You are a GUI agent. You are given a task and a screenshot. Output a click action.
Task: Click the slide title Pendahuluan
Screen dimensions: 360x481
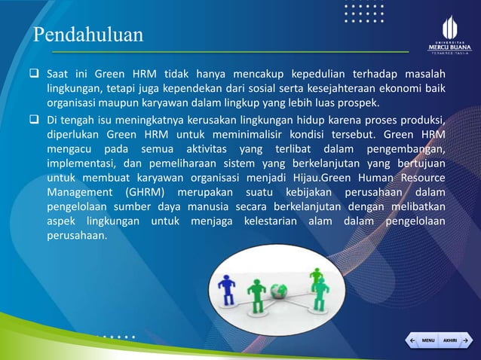click(87, 35)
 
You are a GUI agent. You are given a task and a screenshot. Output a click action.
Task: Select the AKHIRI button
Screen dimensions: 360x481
click(450, 341)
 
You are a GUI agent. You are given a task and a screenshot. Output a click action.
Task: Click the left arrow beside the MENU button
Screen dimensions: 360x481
click(412, 341)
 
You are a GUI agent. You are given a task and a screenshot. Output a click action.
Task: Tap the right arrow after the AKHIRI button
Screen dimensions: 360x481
click(466, 341)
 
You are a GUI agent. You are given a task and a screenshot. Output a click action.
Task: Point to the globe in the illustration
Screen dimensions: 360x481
click(280, 289)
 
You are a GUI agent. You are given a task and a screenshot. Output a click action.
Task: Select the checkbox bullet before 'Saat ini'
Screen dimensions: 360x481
click(35, 75)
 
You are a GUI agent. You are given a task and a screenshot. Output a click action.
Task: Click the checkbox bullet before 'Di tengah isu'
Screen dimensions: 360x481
click(35, 120)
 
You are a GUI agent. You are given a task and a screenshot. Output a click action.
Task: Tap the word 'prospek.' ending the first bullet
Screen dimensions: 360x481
click(357, 103)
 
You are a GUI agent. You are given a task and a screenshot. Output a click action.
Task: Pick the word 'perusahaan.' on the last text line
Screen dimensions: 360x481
click(78, 235)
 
